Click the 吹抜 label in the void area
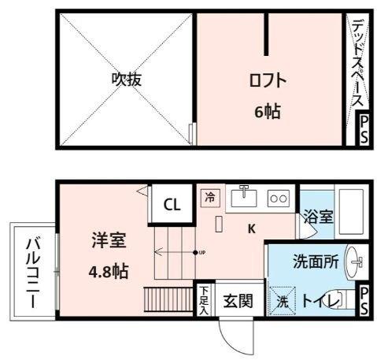point(126,80)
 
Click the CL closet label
point(172,205)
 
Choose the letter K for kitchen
point(252,229)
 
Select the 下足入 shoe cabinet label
point(204,299)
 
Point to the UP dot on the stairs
point(195,252)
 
